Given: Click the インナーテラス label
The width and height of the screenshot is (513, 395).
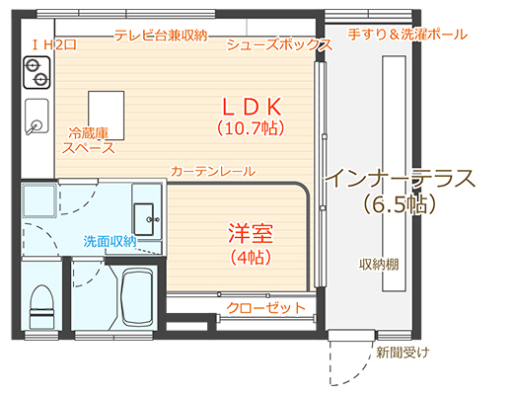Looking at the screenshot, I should tap(400, 180).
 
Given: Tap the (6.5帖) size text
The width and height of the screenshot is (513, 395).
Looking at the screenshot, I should tap(400, 204).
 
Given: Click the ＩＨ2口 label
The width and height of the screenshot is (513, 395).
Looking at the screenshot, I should tap(54, 45).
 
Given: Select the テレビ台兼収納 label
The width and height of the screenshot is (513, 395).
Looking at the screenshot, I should tap(160, 35).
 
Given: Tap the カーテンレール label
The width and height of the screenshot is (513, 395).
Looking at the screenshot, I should tap(212, 171).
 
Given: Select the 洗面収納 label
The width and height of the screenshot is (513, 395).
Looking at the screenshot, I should tap(110, 240).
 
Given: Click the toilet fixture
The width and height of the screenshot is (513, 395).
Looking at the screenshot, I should tap(41, 302).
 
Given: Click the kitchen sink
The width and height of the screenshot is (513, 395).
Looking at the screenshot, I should tap(37, 118).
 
